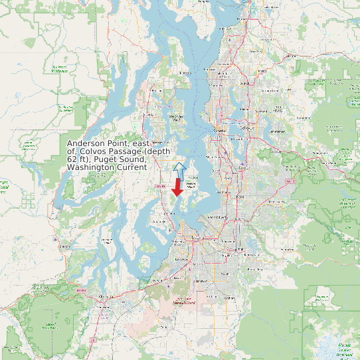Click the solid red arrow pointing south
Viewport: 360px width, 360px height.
[x=177, y=187]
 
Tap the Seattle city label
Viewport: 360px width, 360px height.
[x=219, y=131]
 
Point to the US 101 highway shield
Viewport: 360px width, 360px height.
[x=82, y=290]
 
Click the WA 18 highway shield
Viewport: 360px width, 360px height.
[x=290, y=180]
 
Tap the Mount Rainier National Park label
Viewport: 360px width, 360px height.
[x=344, y=349]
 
